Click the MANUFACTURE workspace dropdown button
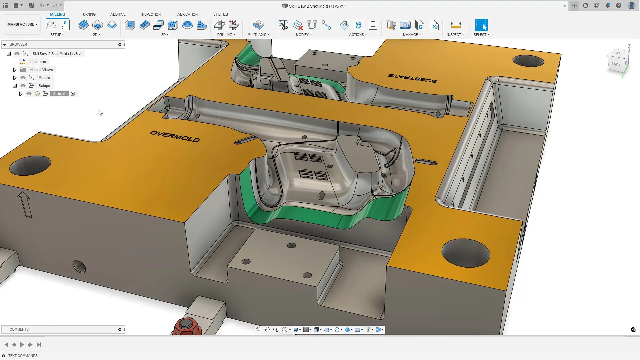click(22, 24)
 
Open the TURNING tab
click(88, 14)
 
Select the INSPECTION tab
click(151, 14)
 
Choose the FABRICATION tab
click(186, 14)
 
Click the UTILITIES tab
click(220, 14)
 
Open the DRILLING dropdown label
click(226, 35)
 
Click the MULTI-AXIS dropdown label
click(258, 35)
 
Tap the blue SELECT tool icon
click(481, 25)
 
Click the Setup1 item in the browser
click(59, 94)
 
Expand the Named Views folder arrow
click(15, 70)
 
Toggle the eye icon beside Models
click(23, 78)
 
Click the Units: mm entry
click(38, 62)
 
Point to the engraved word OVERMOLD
click(175, 136)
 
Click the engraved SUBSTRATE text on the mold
click(412, 78)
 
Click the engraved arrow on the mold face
click(25, 204)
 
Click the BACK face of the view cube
click(616, 64)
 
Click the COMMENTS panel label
click(19, 329)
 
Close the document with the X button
click(565, 6)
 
